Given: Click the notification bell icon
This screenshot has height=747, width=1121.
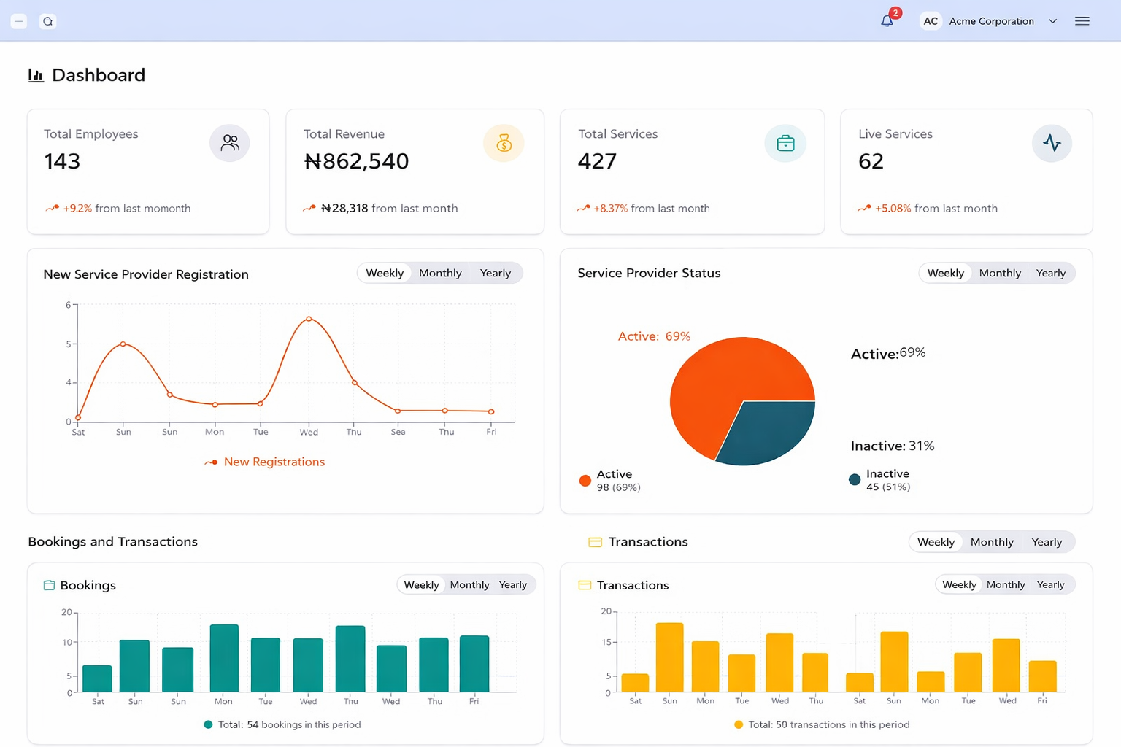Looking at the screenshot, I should click(887, 21).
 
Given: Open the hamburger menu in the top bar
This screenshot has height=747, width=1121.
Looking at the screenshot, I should click(1082, 21).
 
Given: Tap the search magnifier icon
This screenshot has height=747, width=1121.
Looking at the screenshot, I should click(48, 21).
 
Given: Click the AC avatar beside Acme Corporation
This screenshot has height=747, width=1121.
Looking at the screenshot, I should click(931, 21).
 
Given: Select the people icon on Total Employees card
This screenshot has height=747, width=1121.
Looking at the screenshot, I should click(230, 143).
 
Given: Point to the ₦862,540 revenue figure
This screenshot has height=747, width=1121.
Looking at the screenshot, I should click(356, 161).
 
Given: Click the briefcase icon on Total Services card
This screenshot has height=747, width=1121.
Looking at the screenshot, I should click(785, 143).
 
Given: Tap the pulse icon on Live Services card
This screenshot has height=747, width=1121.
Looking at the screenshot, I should click(1052, 143).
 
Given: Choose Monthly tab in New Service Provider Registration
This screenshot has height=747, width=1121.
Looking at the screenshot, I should click(440, 273).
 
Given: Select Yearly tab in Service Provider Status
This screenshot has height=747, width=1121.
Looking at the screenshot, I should click(1050, 273).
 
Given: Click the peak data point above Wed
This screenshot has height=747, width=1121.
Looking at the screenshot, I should click(309, 319).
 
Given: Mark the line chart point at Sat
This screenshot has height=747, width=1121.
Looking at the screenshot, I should click(78, 418).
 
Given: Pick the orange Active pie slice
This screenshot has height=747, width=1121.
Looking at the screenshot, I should click(723, 379).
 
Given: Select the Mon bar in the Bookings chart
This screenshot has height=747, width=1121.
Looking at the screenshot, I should click(224, 658).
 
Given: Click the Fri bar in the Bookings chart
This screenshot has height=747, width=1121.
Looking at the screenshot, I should click(474, 663).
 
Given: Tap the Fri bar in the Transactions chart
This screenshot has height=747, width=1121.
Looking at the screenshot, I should click(1042, 676).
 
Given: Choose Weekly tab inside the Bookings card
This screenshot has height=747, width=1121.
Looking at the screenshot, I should click(421, 585).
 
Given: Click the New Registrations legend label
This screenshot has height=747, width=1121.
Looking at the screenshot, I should click(274, 462).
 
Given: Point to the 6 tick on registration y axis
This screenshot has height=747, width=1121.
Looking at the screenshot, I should click(68, 305).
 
